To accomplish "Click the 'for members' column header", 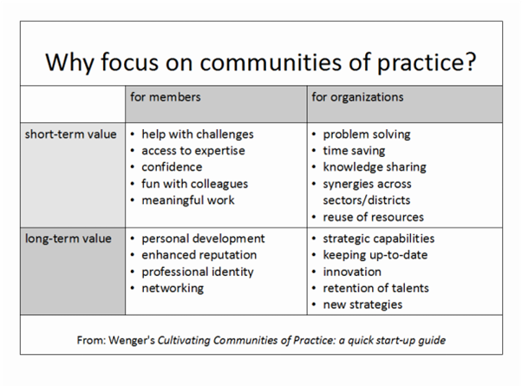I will click(165, 97).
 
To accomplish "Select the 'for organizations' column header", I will click(357, 97).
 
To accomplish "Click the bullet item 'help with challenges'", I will click(198, 134).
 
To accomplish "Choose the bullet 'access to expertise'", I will click(193, 151).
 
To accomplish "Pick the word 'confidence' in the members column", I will click(172, 167).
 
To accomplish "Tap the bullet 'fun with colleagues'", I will click(195, 184).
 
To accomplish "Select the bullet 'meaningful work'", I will click(188, 200).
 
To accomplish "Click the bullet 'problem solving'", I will click(367, 134).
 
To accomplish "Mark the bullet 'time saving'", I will click(355, 151).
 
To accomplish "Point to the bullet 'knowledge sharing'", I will click(375, 167).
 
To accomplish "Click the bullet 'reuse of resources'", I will click(374, 217).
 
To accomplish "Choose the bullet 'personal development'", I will click(203, 239).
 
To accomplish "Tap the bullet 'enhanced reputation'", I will click(199, 255).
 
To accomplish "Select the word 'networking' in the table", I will click(173, 288).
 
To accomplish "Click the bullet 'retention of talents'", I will click(375, 288).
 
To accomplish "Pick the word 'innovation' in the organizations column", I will click(352, 272).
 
